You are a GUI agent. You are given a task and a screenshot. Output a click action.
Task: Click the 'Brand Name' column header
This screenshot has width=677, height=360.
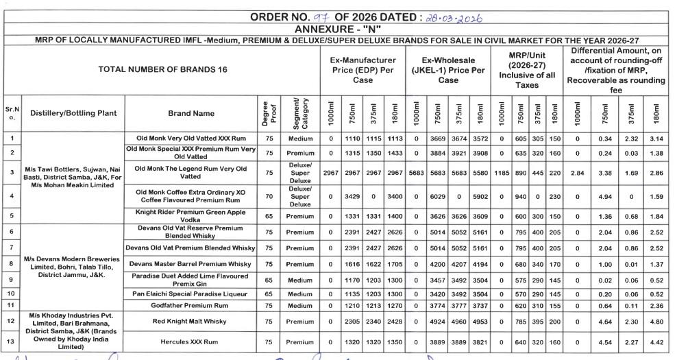click(x=190, y=114)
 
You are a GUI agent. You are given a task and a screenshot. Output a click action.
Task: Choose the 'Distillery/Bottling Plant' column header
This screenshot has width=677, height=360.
click(x=73, y=114)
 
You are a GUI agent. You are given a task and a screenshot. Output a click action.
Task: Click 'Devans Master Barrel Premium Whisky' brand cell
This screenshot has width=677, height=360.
click(x=190, y=263)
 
